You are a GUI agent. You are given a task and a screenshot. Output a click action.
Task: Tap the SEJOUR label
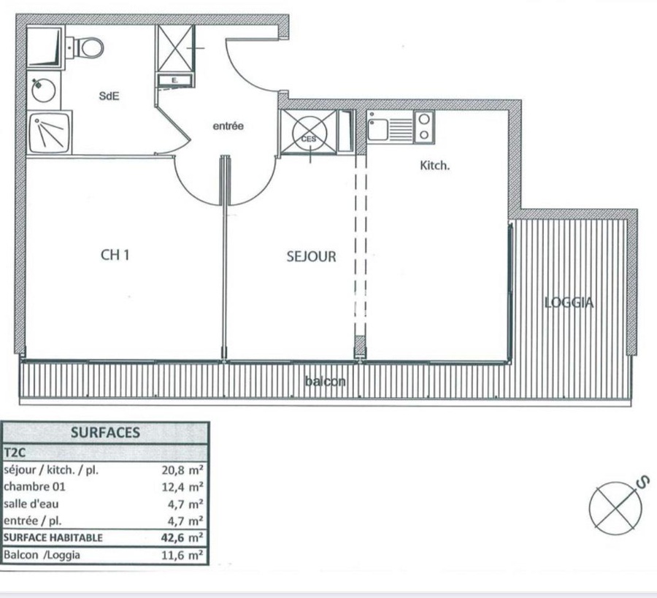(x=311, y=256)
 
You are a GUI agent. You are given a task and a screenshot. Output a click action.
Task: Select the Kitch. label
(x=434, y=166)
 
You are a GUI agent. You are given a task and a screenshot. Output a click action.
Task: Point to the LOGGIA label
(x=569, y=302)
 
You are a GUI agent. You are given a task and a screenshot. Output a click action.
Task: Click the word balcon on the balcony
(x=326, y=381)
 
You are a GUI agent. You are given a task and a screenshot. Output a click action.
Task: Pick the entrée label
(x=228, y=126)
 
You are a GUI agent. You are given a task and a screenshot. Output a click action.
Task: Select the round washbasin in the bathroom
(x=43, y=91)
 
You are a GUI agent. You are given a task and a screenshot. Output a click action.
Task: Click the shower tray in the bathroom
(x=50, y=132)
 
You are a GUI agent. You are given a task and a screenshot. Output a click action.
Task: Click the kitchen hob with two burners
(x=424, y=127)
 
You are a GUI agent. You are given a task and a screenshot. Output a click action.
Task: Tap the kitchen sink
(x=378, y=129)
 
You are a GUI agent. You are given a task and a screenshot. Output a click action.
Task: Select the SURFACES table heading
(x=105, y=432)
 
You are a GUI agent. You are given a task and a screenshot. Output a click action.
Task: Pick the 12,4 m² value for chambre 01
(x=182, y=486)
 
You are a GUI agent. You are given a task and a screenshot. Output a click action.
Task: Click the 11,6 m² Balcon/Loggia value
(x=182, y=556)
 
